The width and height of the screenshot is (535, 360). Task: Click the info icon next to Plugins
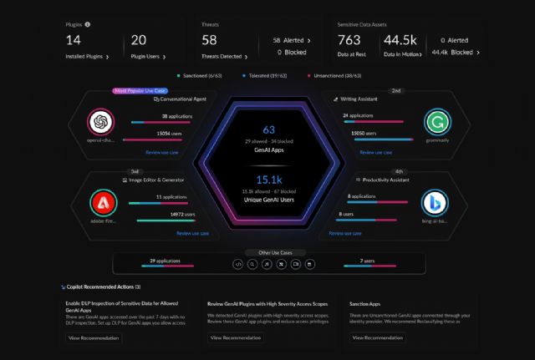tap(88, 25)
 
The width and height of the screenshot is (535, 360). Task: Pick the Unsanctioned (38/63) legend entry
tap(335, 74)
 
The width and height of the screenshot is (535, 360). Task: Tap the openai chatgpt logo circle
tap(100, 122)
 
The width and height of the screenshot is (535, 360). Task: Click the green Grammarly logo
tap(436, 122)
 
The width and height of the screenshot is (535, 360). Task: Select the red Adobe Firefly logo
tap(100, 201)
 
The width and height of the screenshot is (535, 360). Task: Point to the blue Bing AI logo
tap(436, 201)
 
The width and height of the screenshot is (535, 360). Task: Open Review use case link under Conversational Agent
tap(162, 153)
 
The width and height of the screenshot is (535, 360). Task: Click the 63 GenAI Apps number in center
tap(268, 129)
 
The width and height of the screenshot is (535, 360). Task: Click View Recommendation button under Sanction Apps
tap(378, 337)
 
